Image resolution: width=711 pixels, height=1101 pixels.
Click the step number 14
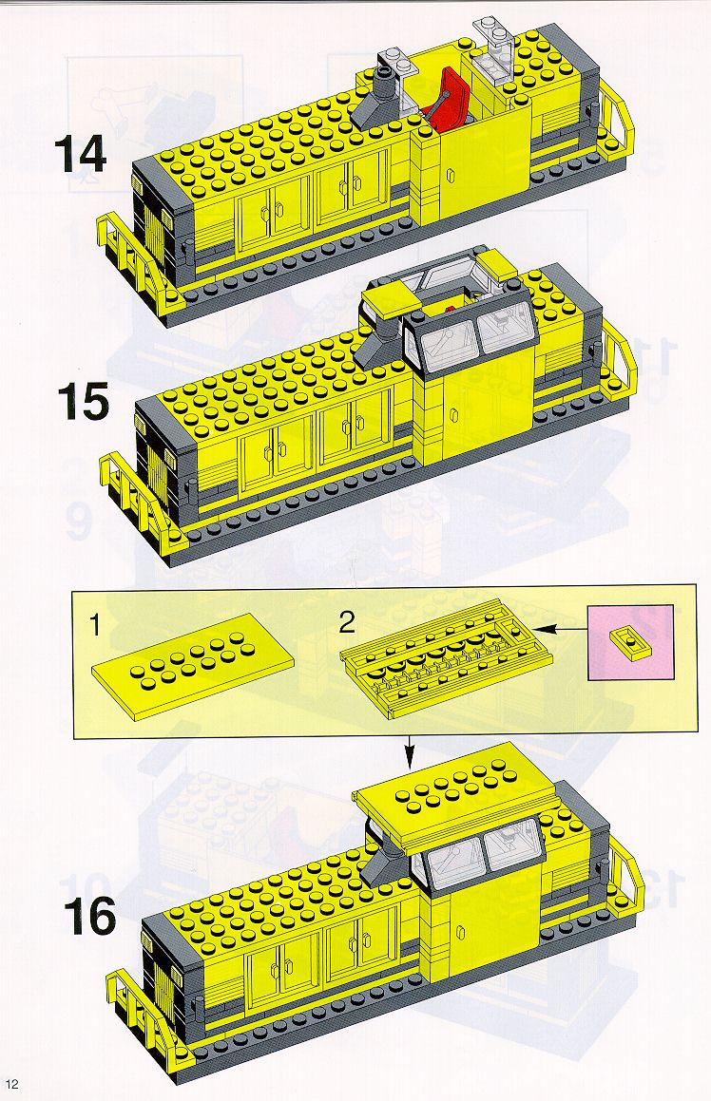(x=81, y=154)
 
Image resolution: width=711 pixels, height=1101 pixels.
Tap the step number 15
(x=84, y=402)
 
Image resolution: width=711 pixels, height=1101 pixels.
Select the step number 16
(x=89, y=917)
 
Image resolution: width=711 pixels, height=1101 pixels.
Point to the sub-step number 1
(x=96, y=624)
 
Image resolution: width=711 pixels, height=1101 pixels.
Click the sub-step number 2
(x=347, y=622)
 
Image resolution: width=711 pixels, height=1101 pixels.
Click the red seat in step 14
(x=451, y=104)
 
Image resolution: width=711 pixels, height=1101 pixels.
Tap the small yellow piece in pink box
(x=630, y=643)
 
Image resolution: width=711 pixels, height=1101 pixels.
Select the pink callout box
(x=630, y=642)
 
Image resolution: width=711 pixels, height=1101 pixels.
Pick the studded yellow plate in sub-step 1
(x=193, y=664)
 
